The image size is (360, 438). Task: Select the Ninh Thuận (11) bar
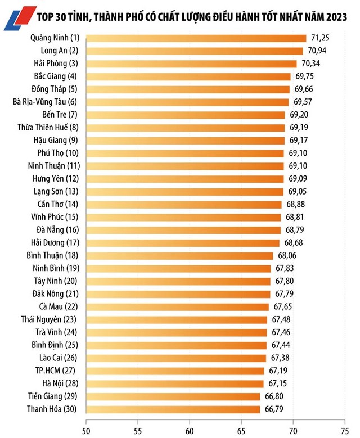[x=185, y=166]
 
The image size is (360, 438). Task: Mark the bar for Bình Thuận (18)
[x=179, y=255]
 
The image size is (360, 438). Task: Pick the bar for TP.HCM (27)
[x=175, y=371]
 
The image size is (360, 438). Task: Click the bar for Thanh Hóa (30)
[x=173, y=409]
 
